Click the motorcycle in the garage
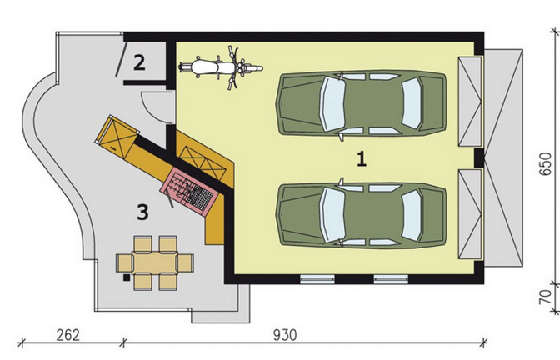pos(221,67)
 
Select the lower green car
pos(361,214)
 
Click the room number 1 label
pos(362,158)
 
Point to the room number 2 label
pos(139,62)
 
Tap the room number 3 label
pos(142,212)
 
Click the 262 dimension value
pos(67,335)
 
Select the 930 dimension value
pos(285,335)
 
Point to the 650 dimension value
pos(545,164)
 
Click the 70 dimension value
pos(545,297)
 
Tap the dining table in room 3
pos(155,262)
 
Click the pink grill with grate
pos(187,192)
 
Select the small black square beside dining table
pos(127,277)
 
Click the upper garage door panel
pos(470,101)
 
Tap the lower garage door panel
pos(470,214)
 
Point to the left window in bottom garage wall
pos(317,279)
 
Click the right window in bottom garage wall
pos(391,279)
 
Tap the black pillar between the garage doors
pos(479,157)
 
